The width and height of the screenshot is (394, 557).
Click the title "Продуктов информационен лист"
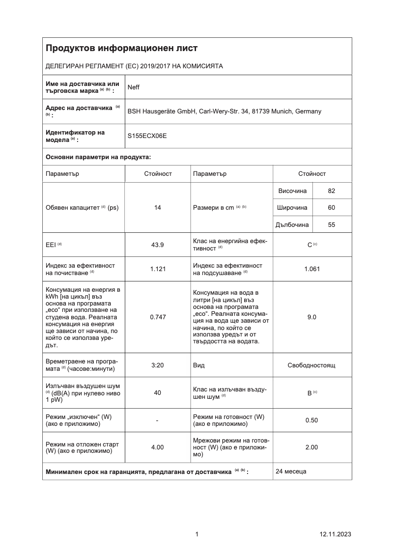pyautogui.click(x=121, y=48)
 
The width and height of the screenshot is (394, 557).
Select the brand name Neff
pyautogui.click(x=134, y=87)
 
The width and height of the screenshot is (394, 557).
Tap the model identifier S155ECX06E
pyautogui.click(x=147, y=136)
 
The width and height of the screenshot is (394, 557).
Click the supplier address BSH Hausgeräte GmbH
pyautogui.click(x=224, y=111)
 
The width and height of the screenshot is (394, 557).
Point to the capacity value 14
pyautogui.click(x=158, y=208)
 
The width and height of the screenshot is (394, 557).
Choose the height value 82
pyautogui.click(x=331, y=191)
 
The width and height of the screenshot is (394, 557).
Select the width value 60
pyautogui.click(x=331, y=208)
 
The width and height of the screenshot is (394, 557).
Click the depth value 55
pyautogui.click(x=331, y=224)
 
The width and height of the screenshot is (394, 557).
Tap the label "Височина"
pyautogui.click(x=292, y=191)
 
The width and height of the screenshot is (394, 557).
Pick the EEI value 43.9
pyautogui.click(x=158, y=245)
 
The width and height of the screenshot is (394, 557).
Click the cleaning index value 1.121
pyautogui.click(x=158, y=269)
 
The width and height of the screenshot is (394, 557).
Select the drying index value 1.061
pyautogui.click(x=312, y=269)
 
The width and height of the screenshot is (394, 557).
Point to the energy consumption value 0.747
pyautogui.click(x=158, y=317)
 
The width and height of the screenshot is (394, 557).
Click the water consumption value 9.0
pyautogui.click(x=312, y=317)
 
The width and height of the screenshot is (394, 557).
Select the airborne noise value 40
pyautogui.click(x=158, y=392)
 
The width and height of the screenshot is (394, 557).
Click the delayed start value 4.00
pyautogui.click(x=158, y=447)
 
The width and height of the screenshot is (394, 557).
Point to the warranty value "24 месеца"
pyautogui.click(x=291, y=472)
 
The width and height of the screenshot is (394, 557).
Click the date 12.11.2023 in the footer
pyautogui.click(x=335, y=534)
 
